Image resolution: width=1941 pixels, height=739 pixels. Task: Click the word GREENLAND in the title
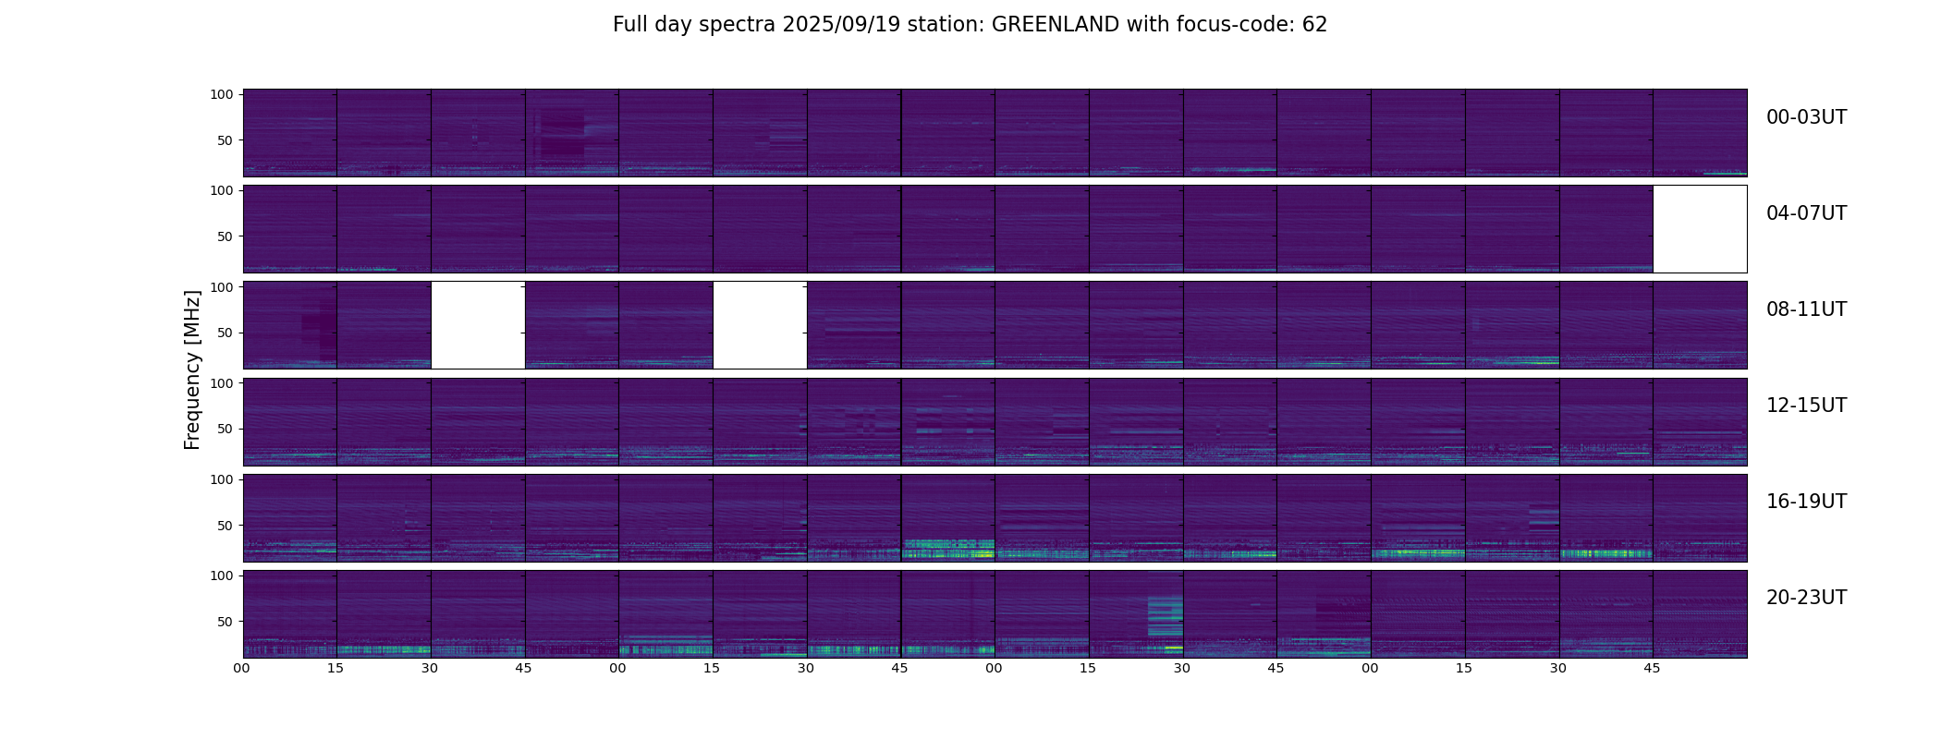pos(1056,25)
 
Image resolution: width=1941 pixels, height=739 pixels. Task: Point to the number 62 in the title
pos(1314,25)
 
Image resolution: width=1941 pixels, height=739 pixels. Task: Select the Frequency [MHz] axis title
pos(192,369)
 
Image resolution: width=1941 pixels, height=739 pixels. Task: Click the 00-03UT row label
pos(1806,117)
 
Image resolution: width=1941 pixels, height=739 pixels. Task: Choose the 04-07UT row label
pos(1806,213)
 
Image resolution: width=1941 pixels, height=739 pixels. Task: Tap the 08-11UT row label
pos(1806,309)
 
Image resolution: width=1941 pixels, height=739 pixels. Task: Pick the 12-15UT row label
pos(1806,406)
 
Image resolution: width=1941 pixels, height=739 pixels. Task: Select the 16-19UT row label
pos(1806,502)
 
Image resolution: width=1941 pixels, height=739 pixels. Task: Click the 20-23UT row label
pos(1806,598)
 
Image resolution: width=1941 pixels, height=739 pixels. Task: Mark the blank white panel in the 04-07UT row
pos(1700,229)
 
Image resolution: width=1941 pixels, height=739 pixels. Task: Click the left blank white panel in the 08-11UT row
pos(478,325)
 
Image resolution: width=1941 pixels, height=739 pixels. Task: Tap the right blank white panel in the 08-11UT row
pos(760,325)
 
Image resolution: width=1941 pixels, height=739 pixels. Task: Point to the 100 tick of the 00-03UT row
pos(222,94)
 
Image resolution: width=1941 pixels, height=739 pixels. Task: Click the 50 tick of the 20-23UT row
pos(226,622)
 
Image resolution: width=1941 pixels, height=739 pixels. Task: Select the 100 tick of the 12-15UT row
pos(222,382)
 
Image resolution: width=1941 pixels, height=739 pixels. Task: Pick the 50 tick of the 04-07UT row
pos(226,236)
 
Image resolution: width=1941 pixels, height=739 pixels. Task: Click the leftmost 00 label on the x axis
pos(242,668)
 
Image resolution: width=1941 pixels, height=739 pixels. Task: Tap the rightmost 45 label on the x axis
pos(1652,668)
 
